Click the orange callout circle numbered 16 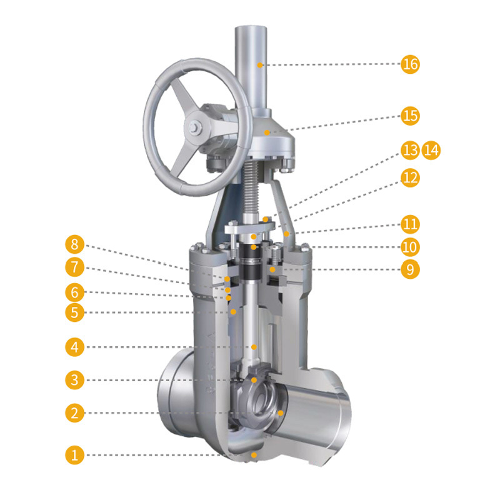click(410, 64)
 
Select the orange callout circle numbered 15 click(410, 116)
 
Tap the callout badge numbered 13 click(410, 150)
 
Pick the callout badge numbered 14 click(431, 150)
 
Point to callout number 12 click(410, 177)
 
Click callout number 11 click(410, 224)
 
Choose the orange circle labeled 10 click(410, 247)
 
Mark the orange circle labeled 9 click(410, 269)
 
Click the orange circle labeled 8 click(74, 244)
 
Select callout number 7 click(74, 267)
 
